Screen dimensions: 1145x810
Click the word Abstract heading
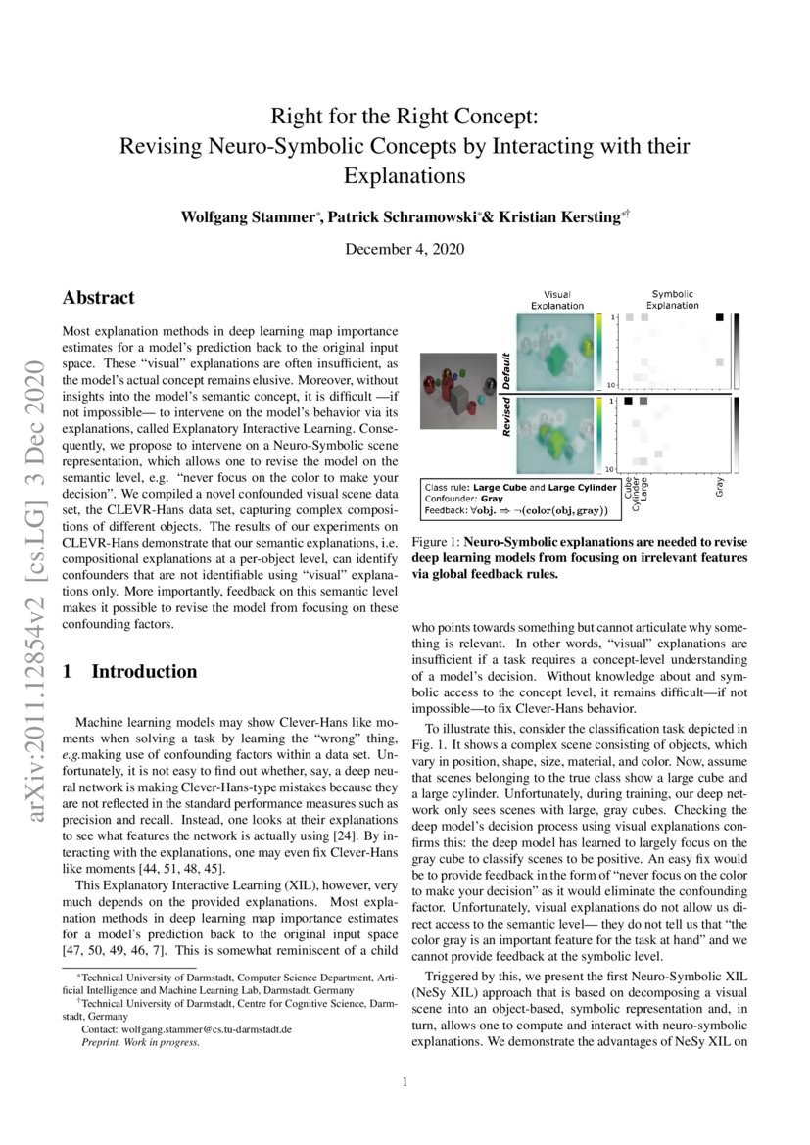point(98,298)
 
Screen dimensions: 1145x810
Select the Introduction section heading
point(144,672)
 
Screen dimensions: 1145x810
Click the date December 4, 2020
point(405,250)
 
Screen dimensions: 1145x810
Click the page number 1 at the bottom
point(405,1082)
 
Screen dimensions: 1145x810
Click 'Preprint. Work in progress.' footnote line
point(141,1043)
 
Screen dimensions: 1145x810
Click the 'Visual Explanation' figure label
point(556,299)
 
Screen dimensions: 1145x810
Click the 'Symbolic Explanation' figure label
point(672,299)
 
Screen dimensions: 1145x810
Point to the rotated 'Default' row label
point(506,372)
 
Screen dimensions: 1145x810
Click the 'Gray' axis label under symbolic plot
point(720,487)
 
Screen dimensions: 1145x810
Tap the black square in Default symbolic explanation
point(720,317)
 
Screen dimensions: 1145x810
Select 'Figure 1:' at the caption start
point(436,542)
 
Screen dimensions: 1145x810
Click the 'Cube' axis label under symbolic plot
point(628,486)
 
